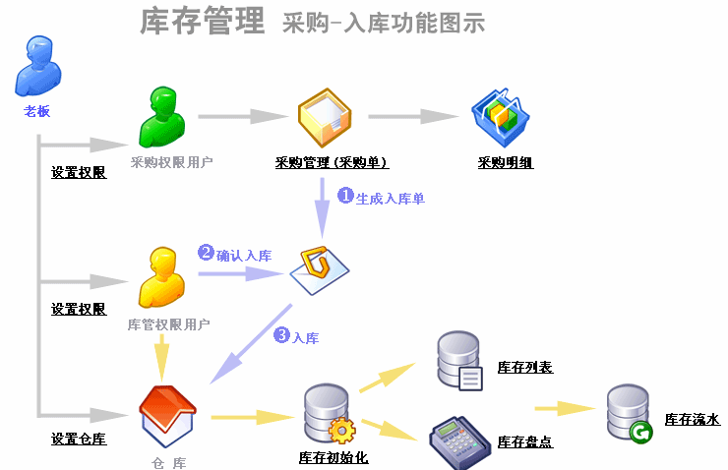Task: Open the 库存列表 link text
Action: coord(525,368)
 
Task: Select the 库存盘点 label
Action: coord(525,441)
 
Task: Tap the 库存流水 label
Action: coord(692,420)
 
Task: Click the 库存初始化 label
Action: coord(333,457)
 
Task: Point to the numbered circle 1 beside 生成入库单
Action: coord(345,195)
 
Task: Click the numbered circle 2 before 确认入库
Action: coord(206,252)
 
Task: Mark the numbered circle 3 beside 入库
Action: coord(281,335)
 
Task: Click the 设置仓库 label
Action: coord(79,439)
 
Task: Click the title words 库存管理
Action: coord(203,20)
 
